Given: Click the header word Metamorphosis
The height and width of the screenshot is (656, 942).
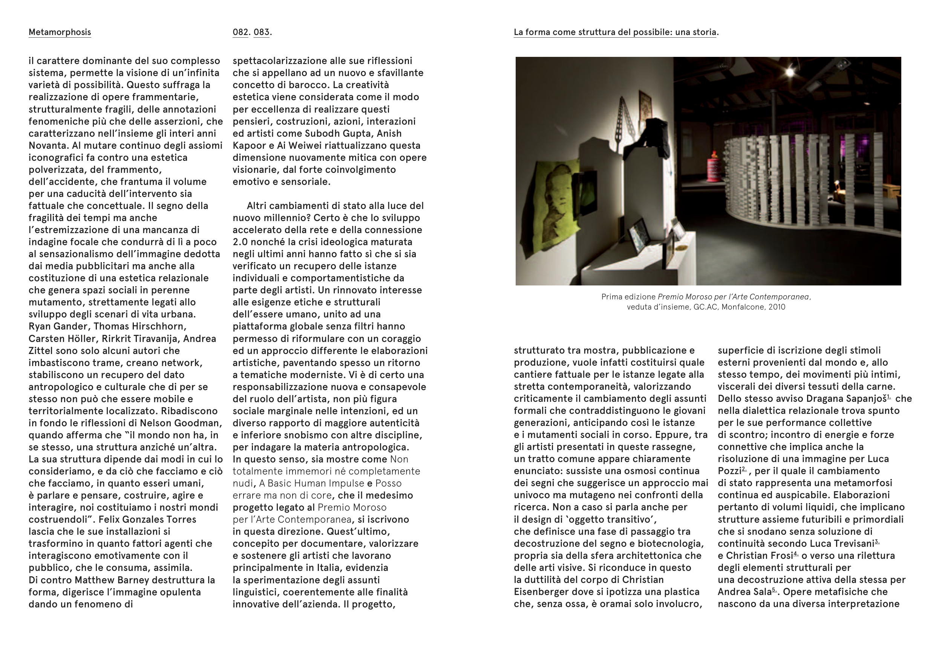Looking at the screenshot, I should click(60, 32).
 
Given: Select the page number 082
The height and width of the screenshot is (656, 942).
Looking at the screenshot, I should click(240, 32).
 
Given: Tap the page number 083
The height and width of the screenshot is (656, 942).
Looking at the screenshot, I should click(261, 32).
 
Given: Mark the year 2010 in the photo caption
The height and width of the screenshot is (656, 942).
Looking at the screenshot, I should click(777, 307).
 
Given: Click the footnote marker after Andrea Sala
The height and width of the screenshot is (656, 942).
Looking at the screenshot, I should click(774, 590).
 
